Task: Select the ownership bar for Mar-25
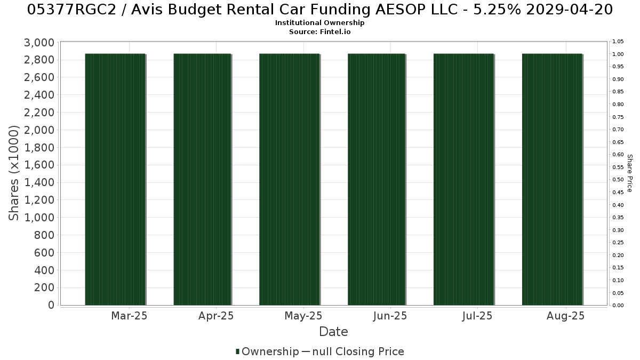[115, 179]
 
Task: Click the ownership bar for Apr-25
[202, 179]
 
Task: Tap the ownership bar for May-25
[290, 179]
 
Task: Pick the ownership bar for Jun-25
[377, 179]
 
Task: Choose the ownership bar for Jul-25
[463, 179]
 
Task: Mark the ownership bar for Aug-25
[553, 179]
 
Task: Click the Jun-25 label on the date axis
[390, 316]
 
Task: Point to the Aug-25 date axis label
[566, 316]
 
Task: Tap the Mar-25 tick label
[129, 316]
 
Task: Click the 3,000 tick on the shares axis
[39, 43]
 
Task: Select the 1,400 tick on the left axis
[39, 182]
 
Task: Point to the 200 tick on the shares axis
[44, 287]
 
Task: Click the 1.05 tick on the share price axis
[618, 42]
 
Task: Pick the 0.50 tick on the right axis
[618, 180]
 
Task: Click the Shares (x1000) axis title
[13, 173]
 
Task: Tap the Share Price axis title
[630, 173]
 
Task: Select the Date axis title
[333, 332]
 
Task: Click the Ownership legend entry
[267, 351]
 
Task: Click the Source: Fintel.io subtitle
[319, 31]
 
